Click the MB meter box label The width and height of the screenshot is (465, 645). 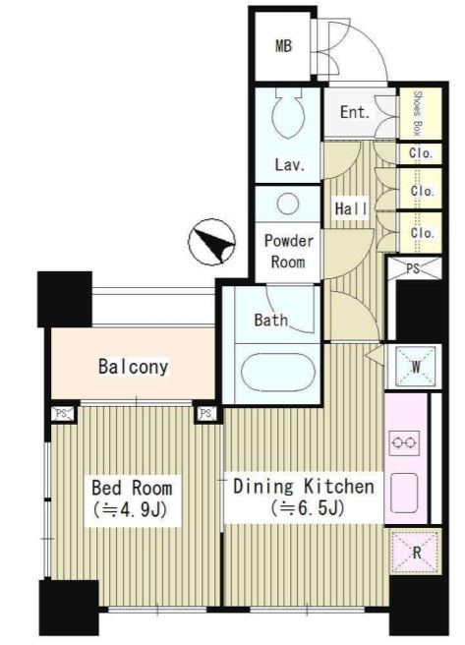click(x=283, y=45)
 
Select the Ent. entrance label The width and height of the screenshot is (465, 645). click(x=355, y=112)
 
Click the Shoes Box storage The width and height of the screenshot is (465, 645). click(x=420, y=113)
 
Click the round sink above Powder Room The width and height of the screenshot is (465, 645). click(x=287, y=204)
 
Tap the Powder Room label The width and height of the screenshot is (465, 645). click(x=288, y=251)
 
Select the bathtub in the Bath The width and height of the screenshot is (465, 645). click(x=278, y=373)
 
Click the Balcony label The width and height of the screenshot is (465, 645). click(x=134, y=367)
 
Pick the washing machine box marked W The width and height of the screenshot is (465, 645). click(x=415, y=366)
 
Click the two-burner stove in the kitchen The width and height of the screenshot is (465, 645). click(x=404, y=443)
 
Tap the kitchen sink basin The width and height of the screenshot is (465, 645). click(x=404, y=493)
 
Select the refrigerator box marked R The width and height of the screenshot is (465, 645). click(x=415, y=552)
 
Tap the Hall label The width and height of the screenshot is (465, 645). click(x=351, y=208)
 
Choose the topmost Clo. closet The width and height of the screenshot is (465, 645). click(x=421, y=153)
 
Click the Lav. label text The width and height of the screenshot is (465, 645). click(x=290, y=165)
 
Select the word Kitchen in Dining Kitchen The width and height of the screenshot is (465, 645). click(x=339, y=487)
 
